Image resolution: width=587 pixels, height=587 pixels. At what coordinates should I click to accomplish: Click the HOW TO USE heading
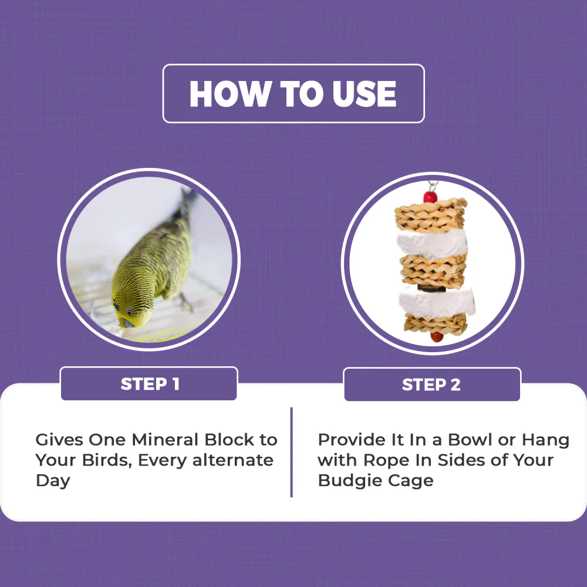click(x=293, y=93)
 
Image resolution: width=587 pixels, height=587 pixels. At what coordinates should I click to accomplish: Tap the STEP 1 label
click(x=150, y=384)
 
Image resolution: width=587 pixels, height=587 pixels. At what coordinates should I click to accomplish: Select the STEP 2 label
click(x=431, y=385)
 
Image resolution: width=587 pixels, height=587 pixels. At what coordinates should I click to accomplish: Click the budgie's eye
click(x=129, y=312)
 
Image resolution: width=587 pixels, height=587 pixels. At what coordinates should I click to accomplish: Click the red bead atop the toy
click(x=430, y=197)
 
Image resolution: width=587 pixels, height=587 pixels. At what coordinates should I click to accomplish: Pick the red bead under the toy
click(x=437, y=337)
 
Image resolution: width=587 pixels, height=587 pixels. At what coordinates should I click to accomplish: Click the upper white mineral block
click(x=433, y=244)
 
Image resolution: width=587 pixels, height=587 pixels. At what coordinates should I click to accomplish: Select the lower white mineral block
click(x=437, y=303)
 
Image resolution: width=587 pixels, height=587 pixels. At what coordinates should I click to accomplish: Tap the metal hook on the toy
click(x=433, y=185)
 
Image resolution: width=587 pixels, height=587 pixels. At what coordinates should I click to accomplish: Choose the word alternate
click(x=233, y=460)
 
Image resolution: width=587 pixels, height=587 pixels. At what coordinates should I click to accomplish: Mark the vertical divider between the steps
click(x=291, y=452)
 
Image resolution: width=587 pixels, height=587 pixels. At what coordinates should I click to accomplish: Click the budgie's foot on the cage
click(x=185, y=304)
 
